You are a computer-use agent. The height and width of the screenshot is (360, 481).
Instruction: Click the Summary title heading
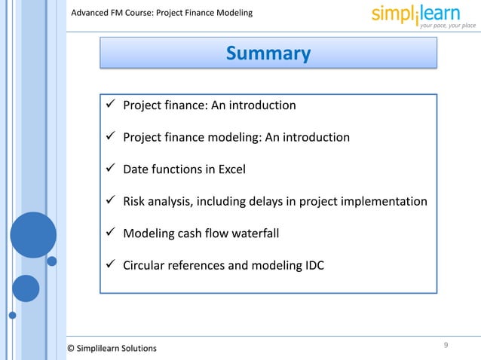click(268, 53)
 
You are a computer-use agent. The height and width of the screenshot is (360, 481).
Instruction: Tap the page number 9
click(446, 345)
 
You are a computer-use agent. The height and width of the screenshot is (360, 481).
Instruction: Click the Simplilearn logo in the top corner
click(423, 15)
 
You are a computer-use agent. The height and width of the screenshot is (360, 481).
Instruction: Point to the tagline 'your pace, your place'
click(448, 26)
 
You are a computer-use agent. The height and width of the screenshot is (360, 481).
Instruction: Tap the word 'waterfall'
click(254, 233)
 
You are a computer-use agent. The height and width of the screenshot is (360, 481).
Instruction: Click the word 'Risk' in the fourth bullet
click(136, 202)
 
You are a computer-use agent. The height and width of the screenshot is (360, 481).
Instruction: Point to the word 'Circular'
click(146, 265)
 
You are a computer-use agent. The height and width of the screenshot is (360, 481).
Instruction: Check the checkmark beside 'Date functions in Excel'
click(110, 169)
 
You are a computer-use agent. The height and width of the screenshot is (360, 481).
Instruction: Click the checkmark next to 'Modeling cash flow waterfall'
click(110, 233)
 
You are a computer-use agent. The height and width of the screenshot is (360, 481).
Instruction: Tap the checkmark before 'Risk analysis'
click(110, 202)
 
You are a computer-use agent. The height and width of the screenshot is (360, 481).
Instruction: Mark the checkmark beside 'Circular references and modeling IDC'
click(110, 265)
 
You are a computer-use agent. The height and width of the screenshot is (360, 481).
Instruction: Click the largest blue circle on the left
click(33, 235)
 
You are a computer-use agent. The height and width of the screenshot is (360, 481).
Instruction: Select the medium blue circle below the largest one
click(26, 288)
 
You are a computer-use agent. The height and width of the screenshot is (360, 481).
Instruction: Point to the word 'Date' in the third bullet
click(136, 169)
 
